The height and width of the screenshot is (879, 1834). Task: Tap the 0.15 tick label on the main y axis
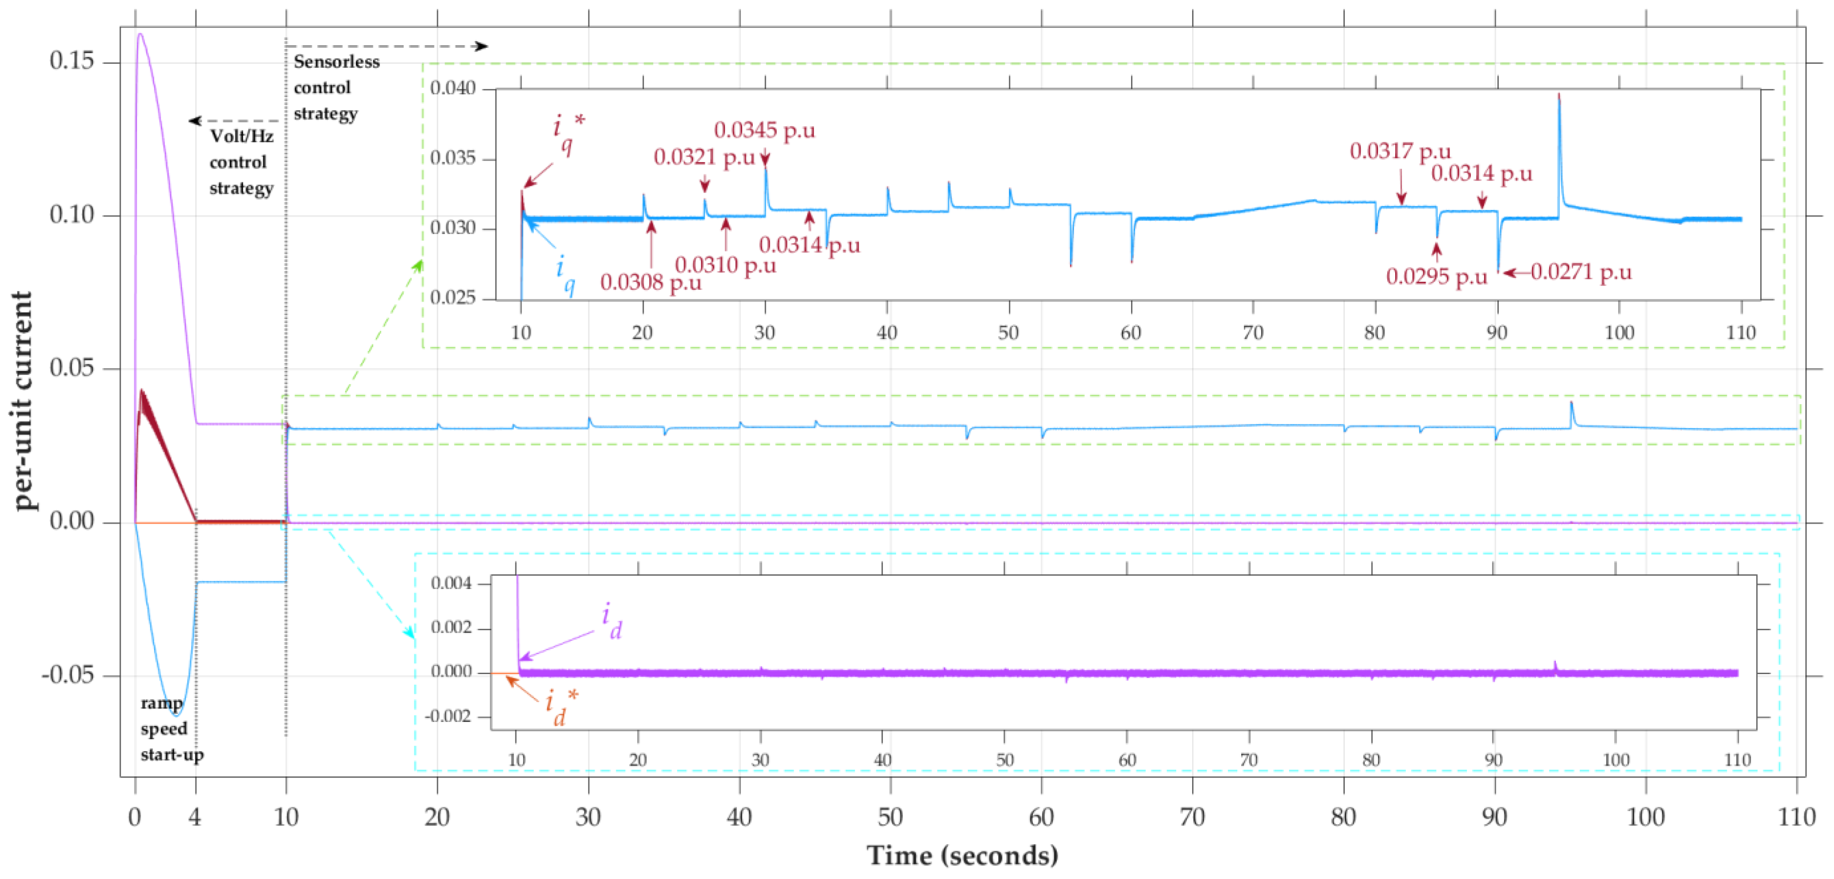(x=71, y=61)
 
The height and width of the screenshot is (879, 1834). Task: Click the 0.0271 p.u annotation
(x=1581, y=272)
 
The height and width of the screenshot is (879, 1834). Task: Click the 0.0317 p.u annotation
(x=1400, y=151)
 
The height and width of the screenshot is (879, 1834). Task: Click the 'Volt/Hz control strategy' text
(x=241, y=162)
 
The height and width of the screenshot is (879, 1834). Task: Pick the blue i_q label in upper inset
(x=565, y=274)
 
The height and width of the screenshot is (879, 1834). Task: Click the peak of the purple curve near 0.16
(x=140, y=34)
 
